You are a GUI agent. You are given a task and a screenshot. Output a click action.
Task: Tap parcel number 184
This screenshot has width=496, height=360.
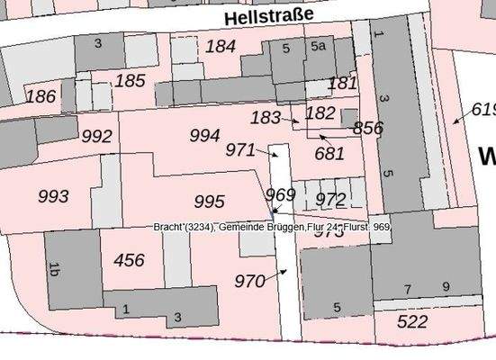[x=221, y=46]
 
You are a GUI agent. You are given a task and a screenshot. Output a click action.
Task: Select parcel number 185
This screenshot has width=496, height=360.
[x=130, y=81]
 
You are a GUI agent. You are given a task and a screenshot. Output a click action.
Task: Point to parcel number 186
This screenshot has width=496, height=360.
[x=41, y=95]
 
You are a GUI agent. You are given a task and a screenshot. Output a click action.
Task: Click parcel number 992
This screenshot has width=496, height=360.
[x=96, y=137]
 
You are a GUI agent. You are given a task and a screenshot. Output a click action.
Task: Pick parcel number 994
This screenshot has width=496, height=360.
[x=204, y=136]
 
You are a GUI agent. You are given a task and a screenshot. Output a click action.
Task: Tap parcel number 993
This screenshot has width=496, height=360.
[x=53, y=195]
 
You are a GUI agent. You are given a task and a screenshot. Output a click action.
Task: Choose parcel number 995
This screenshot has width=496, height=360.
[x=209, y=202]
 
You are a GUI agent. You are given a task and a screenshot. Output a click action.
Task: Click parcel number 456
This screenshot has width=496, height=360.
[x=129, y=260]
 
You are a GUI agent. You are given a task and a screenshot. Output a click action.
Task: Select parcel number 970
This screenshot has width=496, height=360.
[x=249, y=281]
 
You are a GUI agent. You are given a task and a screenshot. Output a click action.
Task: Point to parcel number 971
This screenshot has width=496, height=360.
[x=240, y=149]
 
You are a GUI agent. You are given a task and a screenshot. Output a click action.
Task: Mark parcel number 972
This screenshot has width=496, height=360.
[x=331, y=199]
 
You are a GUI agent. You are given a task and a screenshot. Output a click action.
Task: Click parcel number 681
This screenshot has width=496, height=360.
[x=329, y=154]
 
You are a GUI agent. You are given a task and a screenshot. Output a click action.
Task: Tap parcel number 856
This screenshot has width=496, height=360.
[x=368, y=128]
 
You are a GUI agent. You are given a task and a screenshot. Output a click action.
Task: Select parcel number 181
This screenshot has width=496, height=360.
[x=343, y=83]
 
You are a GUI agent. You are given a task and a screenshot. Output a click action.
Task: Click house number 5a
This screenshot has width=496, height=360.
[x=318, y=46]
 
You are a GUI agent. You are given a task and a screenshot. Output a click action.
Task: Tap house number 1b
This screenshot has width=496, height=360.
[x=54, y=268]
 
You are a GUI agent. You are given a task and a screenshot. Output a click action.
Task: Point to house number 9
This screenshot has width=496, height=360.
[x=446, y=288]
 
